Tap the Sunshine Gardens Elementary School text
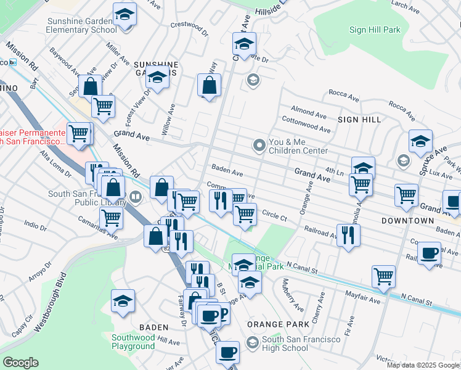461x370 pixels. pyautogui.click(x=82, y=25)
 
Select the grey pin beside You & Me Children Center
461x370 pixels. pyautogui.click(x=259, y=146)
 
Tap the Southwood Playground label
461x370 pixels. pyautogui.click(x=133, y=342)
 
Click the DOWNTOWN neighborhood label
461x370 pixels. pyautogui.click(x=407, y=220)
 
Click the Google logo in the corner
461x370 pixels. pyautogui.click(x=20, y=363)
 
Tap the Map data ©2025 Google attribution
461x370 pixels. pyautogui.click(x=423, y=365)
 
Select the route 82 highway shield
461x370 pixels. pyautogui.click(x=166, y=248)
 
